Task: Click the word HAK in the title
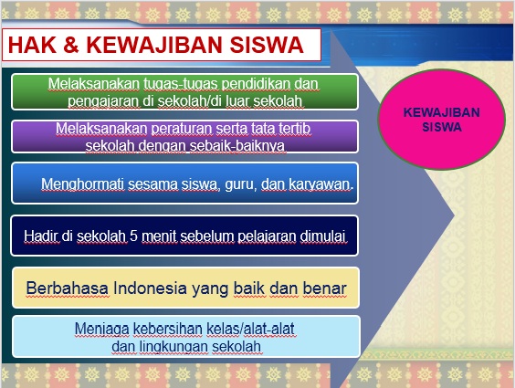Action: pos(32,45)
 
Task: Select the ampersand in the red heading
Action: pos(71,45)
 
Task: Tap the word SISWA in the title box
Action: pos(267,45)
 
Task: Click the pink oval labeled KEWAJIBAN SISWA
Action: pos(441,120)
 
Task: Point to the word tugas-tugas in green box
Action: pos(181,84)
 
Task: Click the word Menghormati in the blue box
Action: pos(83,184)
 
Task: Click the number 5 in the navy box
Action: pos(133,236)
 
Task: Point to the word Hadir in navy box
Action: pos(41,236)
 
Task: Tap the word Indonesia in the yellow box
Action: pos(151,288)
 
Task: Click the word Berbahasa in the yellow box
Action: pos(67,288)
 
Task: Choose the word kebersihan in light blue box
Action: pos(168,329)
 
